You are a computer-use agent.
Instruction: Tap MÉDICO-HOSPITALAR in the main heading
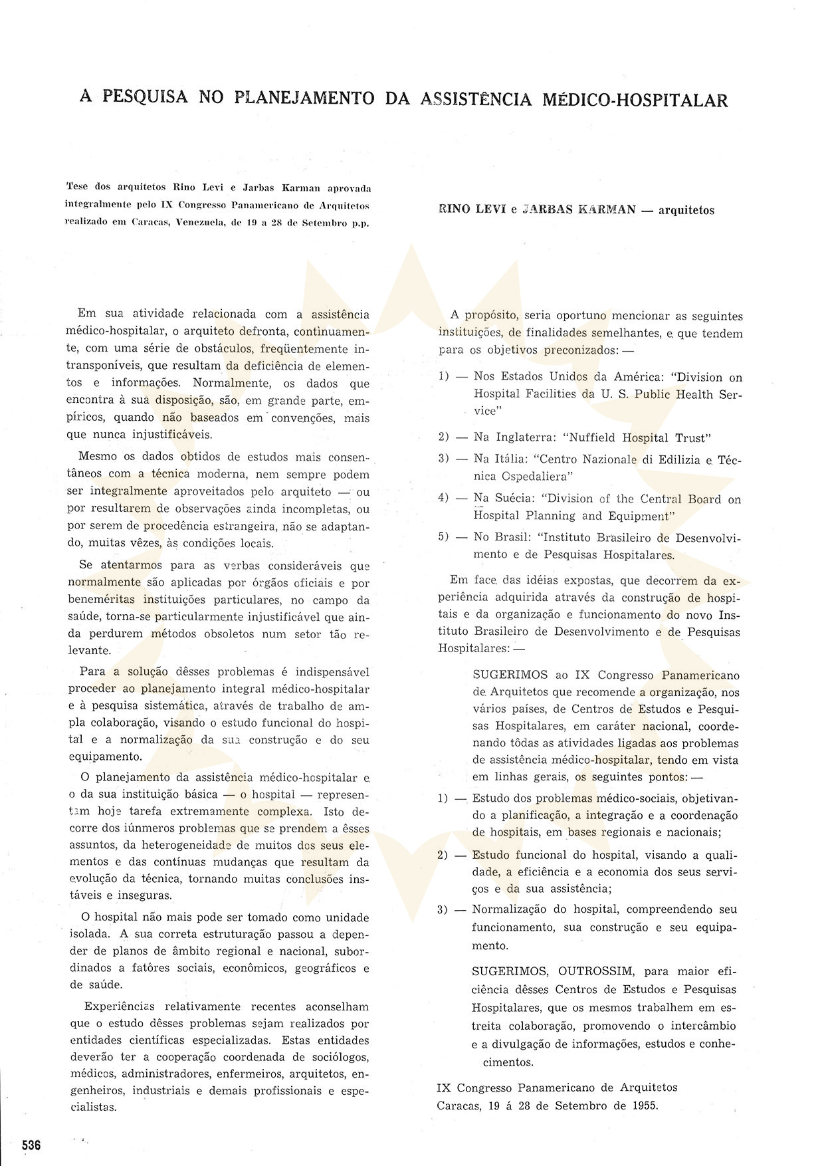(636, 100)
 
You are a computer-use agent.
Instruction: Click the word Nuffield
(590, 437)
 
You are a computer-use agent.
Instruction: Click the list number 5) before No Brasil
(444, 536)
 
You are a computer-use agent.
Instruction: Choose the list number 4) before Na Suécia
(444, 498)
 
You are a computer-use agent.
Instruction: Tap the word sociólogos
(337, 1057)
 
